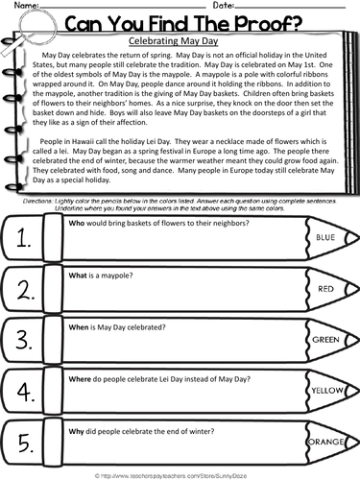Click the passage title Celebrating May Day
coord(180,42)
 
